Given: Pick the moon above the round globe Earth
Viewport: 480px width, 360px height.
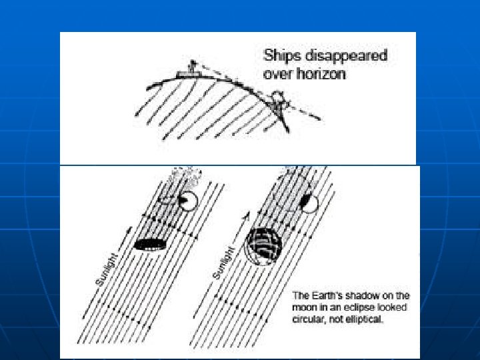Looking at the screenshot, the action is pos(309,202).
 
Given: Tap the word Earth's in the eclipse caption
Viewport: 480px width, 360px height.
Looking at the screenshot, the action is pos(329,295).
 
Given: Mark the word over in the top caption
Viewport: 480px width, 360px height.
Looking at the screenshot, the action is pos(275,74).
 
